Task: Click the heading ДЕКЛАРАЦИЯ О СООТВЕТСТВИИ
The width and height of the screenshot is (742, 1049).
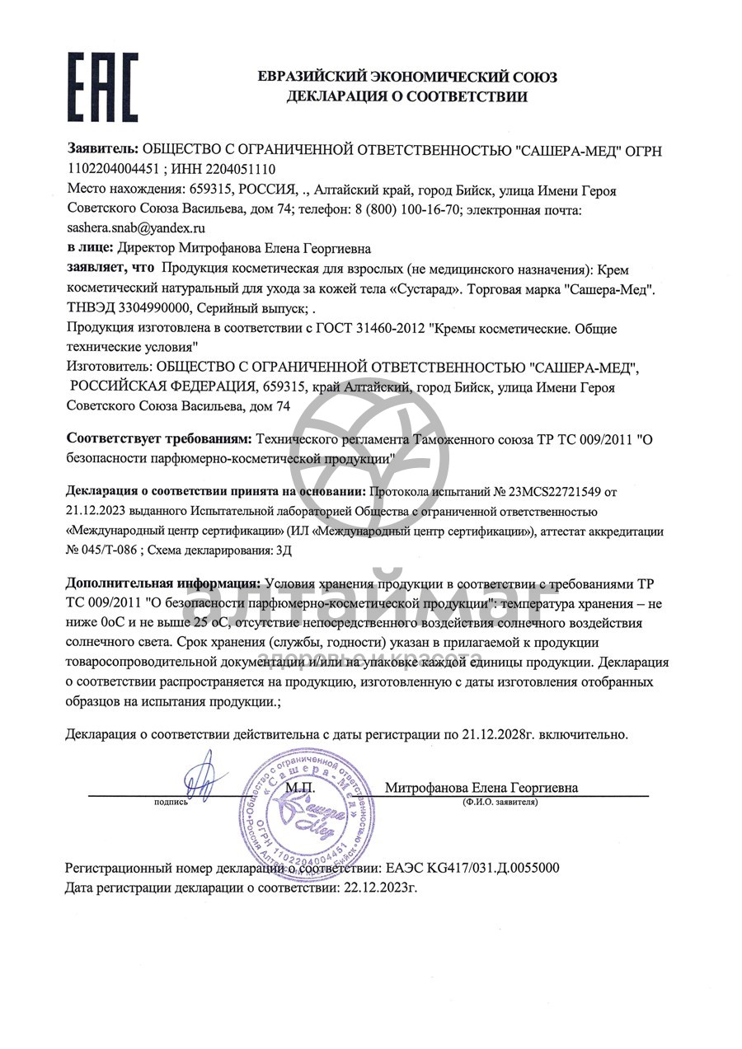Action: [x=406, y=97]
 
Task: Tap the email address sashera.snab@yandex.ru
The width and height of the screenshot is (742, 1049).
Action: [x=136, y=227]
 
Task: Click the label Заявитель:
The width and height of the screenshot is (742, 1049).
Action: [x=102, y=150]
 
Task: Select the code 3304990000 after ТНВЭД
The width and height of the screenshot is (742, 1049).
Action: [x=153, y=310]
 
